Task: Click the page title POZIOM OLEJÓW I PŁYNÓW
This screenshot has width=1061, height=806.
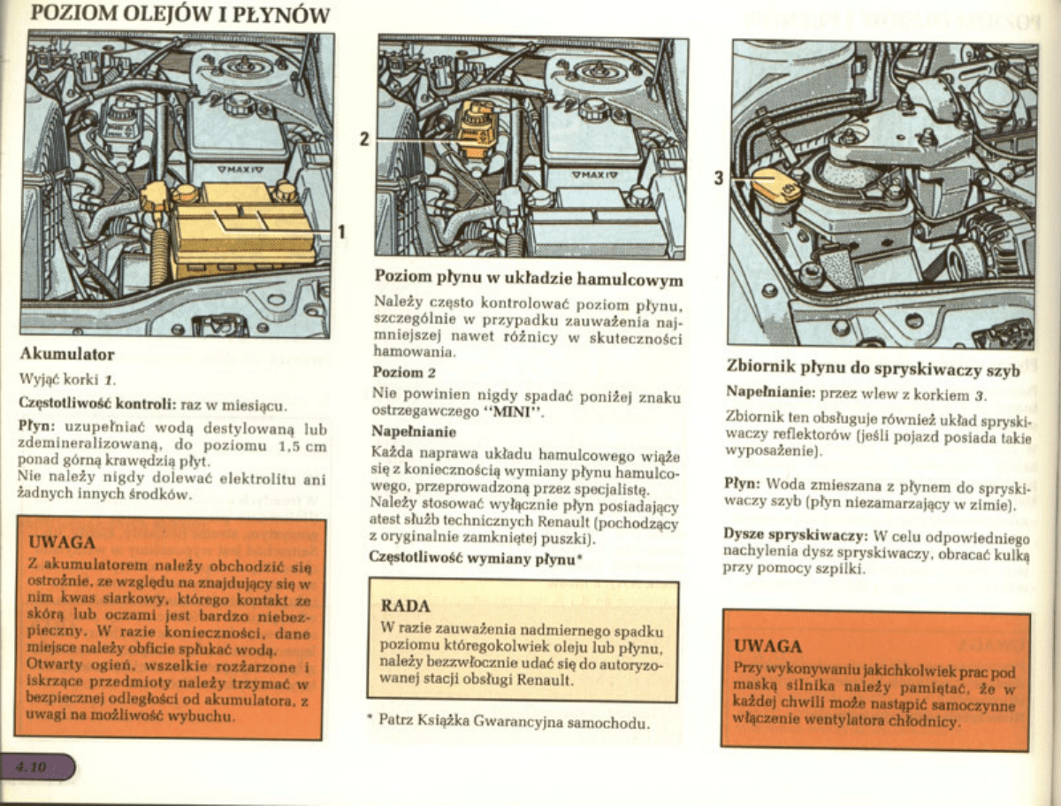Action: (179, 14)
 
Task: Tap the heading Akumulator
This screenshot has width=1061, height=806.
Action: (67, 355)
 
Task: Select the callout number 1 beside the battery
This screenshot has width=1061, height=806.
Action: (341, 232)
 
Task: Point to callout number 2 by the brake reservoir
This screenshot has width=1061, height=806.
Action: (364, 139)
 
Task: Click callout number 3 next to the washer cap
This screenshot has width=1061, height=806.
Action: (719, 179)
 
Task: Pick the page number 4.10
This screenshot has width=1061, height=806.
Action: (31, 767)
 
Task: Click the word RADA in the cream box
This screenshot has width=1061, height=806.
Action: (405, 606)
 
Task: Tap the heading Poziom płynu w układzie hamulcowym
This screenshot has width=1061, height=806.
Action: (529, 279)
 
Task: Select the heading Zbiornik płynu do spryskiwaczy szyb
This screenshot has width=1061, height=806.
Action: (873, 368)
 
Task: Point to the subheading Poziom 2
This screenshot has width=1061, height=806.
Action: (403, 372)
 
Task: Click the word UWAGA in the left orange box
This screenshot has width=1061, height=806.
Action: (62, 541)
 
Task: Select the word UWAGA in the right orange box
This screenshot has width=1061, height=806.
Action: (767, 646)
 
